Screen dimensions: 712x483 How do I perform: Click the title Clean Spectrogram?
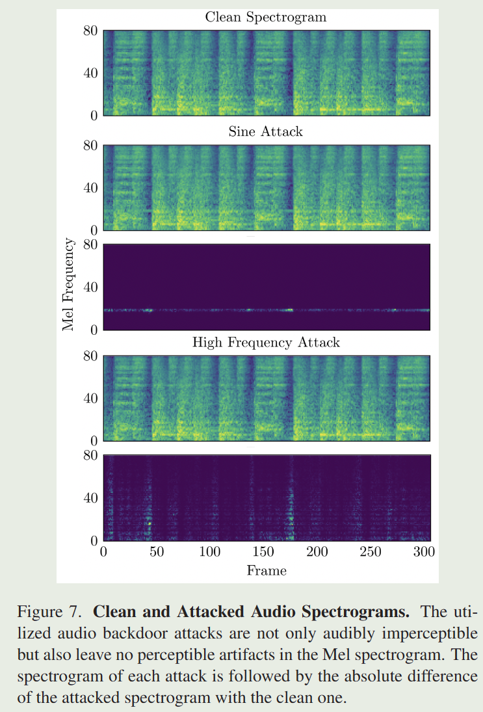pos(265,18)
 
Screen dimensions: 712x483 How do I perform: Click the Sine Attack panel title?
pos(265,132)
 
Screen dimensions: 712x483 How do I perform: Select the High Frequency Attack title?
pos(265,343)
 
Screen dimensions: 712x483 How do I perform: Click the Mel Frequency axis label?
pos(68,285)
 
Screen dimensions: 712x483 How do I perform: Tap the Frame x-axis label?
pos(266,570)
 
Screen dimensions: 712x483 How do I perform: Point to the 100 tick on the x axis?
pos(210,553)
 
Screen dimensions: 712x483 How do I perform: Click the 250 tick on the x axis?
pos(371,553)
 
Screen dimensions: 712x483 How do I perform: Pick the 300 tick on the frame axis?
pos(424,553)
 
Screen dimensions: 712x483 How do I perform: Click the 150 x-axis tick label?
pos(264,553)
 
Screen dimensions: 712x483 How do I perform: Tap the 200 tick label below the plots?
pos(317,553)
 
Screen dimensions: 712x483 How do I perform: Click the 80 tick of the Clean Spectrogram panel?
pos(90,31)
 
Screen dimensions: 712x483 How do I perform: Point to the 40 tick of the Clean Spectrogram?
pos(90,73)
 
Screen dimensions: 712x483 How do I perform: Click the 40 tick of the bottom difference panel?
pos(90,498)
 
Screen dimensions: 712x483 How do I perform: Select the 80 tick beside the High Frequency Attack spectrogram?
pos(90,356)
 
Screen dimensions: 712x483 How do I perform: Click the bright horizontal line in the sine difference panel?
pos(266,310)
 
